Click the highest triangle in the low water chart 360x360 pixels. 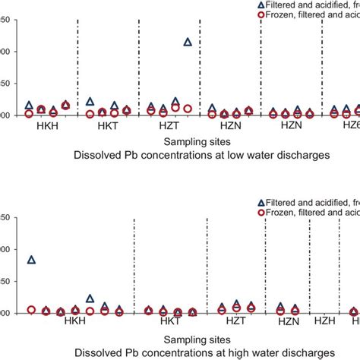pos(188,42)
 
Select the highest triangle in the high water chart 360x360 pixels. pos(31,260)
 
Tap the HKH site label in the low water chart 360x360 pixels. pos(46,128)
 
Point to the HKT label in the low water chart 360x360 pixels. pos(107,128)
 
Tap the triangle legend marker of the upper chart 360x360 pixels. pos(262,4)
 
